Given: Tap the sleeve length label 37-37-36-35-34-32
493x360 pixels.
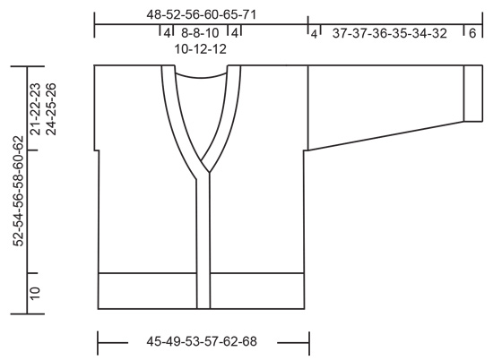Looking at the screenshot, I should coord(389,33).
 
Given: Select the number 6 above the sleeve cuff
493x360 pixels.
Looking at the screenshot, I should coord(471,33).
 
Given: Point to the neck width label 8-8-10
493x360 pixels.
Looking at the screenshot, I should coord(199,33).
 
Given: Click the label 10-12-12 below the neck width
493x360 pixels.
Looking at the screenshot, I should coord(199,49).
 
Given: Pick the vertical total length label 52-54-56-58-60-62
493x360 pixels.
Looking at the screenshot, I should coord(18,189).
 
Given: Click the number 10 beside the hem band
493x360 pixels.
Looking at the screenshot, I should coord(35,293).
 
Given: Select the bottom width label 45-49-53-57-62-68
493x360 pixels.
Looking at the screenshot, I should coord(202,341).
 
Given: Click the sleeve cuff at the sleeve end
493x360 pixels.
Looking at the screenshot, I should coord(471,92).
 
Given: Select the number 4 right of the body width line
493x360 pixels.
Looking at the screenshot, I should coord(315,33).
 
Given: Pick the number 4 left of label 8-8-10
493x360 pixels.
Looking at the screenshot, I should coord(166,33).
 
